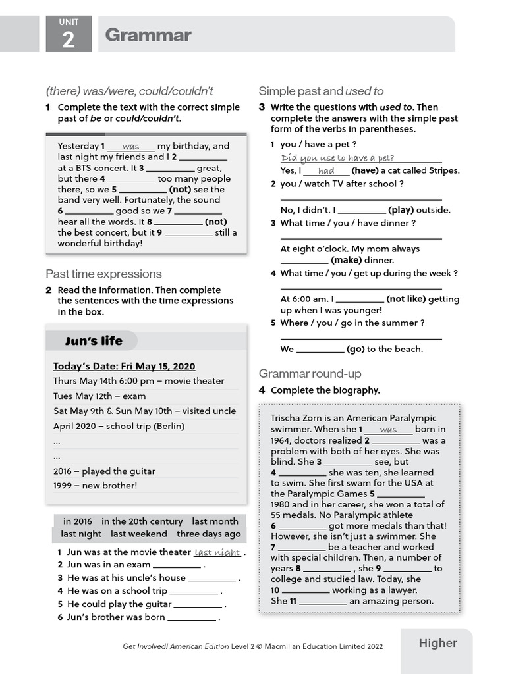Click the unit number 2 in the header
(x=69, y=39)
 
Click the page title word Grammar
(x=148, y=35)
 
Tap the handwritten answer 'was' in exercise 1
(x=130, y=147)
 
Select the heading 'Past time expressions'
(x=103, y=274)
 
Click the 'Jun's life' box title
(x=94, y=341)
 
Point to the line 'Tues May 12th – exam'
(x=99, y=396)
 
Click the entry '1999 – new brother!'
(x=95, y=486)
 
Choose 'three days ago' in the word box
(x=209, y=534)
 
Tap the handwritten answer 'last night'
(x=217, y=553)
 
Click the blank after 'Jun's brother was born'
(x=192, y=618)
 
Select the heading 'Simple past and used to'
(x=321, y=91)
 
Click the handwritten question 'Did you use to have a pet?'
(x=337, y=158)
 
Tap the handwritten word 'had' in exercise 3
(x=326, y=171)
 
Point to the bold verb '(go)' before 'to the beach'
(x=356, y=349)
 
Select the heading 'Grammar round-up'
(x=310, y=374)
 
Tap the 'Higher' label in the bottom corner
(x=437, y=643)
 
